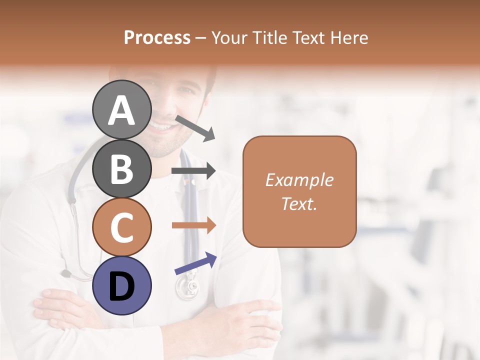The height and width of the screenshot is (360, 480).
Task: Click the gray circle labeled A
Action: pos(121,109)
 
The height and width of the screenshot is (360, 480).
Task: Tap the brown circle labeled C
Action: pos(121,227)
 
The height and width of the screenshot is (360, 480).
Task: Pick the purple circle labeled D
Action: pos(121,285)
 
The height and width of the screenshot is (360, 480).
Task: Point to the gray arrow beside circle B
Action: pos(193,171)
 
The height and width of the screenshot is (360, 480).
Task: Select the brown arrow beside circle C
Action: pos(193,225)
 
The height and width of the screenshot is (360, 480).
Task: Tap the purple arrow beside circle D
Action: pos(195,263)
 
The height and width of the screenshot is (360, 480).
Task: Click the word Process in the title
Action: pos(157,37)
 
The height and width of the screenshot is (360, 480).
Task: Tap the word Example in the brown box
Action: pos(299,180)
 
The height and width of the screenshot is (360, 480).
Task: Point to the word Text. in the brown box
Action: pos(299,203)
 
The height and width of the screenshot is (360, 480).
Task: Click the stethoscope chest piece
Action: pos(186,289)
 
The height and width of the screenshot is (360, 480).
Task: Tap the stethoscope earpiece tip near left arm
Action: pos(65,273)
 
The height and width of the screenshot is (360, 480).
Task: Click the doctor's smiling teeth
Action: pos(161,127)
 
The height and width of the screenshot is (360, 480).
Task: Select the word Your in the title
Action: pos(229,37)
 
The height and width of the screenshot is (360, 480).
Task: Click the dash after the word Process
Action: pos(201,38)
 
